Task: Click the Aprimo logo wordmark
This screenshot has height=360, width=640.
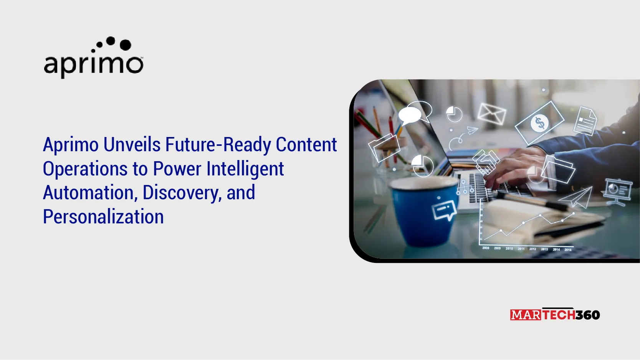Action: pos(93,65)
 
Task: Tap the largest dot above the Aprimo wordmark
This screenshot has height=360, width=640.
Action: pos(126,45)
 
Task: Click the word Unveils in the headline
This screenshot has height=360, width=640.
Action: pos(132,145)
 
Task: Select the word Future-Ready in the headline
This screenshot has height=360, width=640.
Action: pos(218,145)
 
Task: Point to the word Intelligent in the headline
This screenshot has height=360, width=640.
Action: pos(245,169)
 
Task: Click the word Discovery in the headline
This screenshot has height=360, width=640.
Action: pos(182,193)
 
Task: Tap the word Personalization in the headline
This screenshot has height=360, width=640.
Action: pos(103,216)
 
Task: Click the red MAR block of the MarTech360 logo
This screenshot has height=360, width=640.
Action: pos(526,315)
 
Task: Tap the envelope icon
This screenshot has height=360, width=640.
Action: pos(492,114)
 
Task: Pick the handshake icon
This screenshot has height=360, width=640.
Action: pos(486,162)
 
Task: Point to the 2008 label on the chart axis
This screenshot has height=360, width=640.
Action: pos(486,248)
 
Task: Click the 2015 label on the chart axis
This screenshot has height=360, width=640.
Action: pos(568,250)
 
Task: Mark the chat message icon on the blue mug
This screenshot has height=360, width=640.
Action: pos(443,210)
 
